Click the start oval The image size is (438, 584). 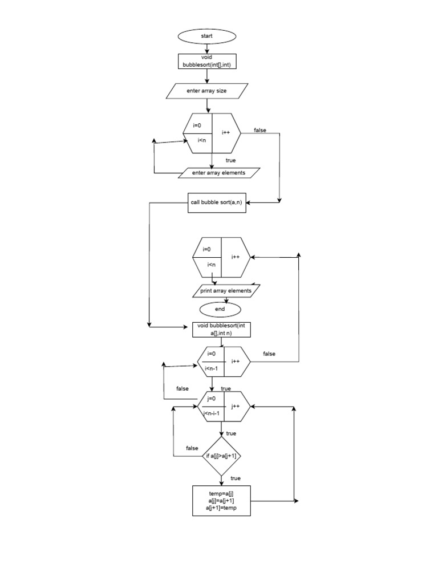(x=206, y=36)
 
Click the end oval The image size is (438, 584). (x=220, y=309)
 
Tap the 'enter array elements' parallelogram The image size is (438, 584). (x=219, y=173)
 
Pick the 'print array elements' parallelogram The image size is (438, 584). (x=225, y=291)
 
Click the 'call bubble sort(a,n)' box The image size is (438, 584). (x=217, y=203)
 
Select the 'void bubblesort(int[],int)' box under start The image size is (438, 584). (x=206, y=62)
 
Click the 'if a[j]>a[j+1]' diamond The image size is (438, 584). (x=221, y=456)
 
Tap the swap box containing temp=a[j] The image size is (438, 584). (x=222, y=500)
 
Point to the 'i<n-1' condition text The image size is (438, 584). (x=211, y=368)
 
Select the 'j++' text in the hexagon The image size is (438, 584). (x=235, y=406)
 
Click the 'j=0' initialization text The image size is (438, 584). (x=211, y=398)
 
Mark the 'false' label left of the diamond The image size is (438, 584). (x=192, y=448)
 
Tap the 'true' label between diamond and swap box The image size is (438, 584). (x=236, y=478)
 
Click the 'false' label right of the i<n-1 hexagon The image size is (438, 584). (x=269, y=354)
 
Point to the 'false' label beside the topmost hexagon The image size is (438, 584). (x=260, y=130)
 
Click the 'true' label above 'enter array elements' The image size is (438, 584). (x=230, y=160)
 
